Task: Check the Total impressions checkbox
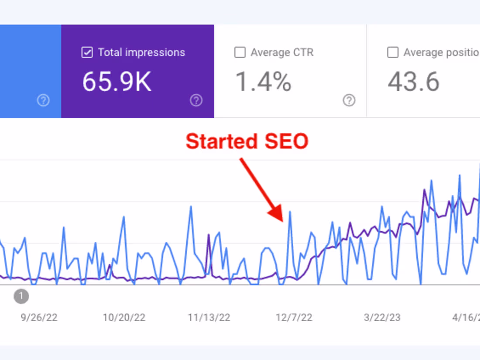coord(87,53)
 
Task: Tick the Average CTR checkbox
coord(240,53)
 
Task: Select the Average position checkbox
coord(393,53)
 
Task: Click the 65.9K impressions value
coord(117,82)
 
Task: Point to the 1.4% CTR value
coord(263,82)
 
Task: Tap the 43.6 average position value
coord(413,82)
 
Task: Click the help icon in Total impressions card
coord(196,101)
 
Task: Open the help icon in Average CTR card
coord(349,101)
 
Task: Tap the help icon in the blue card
coord(43,101)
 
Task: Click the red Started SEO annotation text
coord(247,142)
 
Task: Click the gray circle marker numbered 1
coord(21,297)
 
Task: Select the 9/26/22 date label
coord(39,317)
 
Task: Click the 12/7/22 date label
coord(294,317)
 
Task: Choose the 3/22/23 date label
coord(382,317)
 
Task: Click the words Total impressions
coord(141,53)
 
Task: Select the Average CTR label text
coord(282,53)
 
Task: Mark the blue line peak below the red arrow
coord(290,212)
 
